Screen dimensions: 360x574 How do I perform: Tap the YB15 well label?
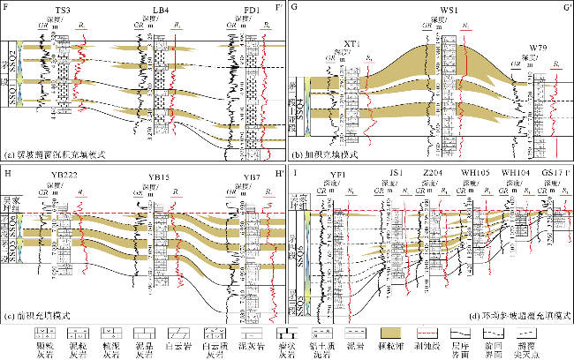tap(159, 179)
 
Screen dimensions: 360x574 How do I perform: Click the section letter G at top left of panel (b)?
tap(294, 9)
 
